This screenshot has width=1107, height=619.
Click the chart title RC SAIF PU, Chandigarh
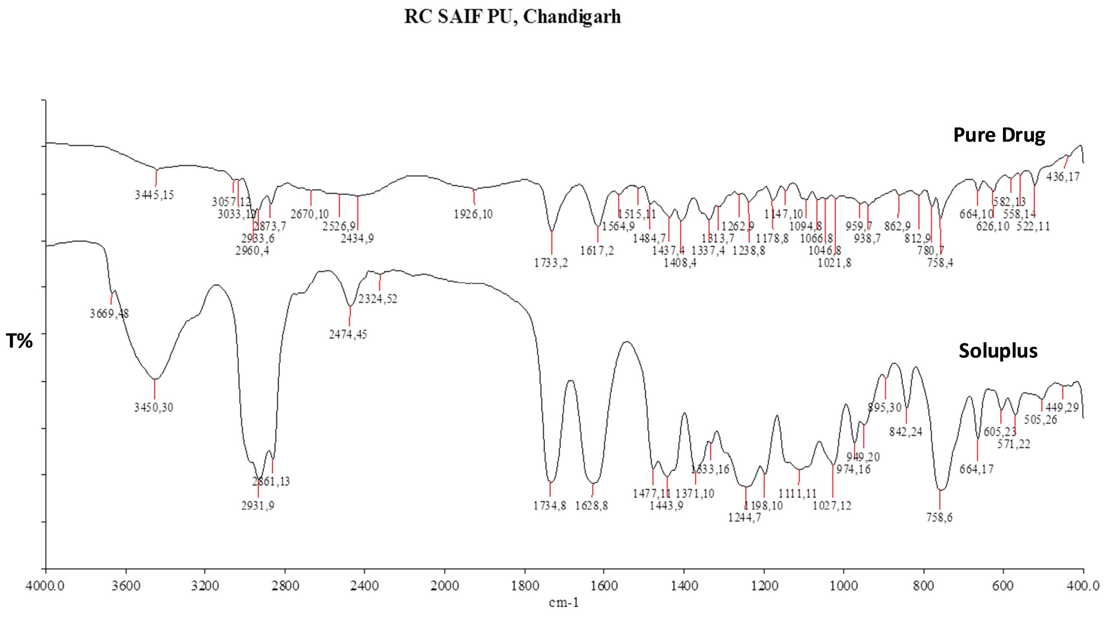512,17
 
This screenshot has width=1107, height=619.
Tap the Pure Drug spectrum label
999,135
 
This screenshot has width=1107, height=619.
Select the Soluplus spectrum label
998,351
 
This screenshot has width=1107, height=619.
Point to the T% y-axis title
19,341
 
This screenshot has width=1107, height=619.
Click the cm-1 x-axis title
564,603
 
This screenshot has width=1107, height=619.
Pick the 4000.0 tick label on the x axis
45,586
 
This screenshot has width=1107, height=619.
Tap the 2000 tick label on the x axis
445,586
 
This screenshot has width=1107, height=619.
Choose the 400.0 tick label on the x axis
1083,586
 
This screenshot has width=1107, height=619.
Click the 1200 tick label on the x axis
764,586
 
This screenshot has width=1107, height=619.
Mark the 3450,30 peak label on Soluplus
153,407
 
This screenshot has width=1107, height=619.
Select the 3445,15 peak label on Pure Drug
154,195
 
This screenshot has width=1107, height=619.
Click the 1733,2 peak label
551,263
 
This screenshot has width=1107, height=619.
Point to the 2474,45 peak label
348,335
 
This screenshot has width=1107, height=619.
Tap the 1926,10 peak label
473,214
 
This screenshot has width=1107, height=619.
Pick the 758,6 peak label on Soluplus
939,518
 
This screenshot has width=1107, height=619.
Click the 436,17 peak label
1063,177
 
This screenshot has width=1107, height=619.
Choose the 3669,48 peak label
109,314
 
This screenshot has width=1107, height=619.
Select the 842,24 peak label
905,432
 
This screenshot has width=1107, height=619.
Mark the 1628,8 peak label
591,506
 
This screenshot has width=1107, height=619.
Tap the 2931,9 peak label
258,505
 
